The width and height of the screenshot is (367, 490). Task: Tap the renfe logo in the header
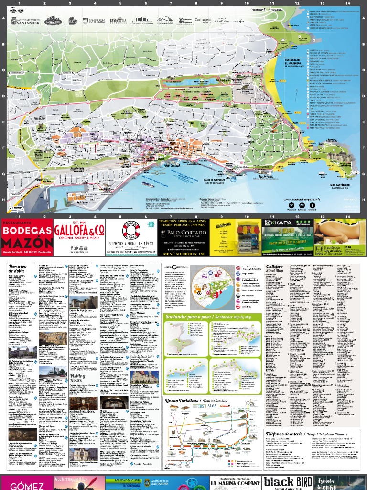[238, 21]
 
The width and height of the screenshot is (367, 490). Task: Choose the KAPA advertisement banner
[287, 230]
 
